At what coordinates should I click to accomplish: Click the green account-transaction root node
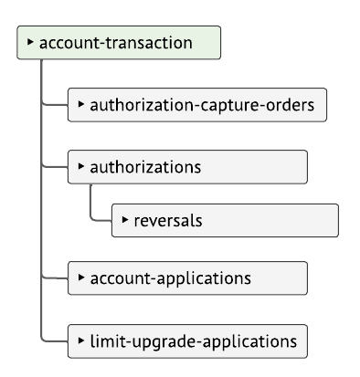[x=119, y=43]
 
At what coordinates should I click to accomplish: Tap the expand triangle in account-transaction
[x=30, y=42]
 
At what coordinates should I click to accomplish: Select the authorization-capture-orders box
[x=197, y=105]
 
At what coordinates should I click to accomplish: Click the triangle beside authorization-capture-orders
[x=81, y=104]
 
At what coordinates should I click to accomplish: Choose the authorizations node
[x=187, y=168]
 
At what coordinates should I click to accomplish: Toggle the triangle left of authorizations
[x=81, y=167]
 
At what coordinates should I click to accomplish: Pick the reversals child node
[x=225, y=220]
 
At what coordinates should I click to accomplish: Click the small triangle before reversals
[x=125, y=219]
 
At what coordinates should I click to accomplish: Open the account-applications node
[x=187, y=278]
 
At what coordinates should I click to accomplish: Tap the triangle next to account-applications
[x=81, y=277]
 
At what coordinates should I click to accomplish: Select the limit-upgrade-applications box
[x=187, y=341]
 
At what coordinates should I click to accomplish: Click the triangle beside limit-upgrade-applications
[x=81, y=340]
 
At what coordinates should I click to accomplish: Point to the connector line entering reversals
[x=101, y=220]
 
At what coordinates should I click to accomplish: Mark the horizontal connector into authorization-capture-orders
[x=55, y=105]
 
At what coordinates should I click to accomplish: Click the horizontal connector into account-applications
[x=55, y=278]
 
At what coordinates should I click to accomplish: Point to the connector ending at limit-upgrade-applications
[x=55, y=341]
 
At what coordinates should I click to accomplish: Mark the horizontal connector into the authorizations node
[x=55, y=168]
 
